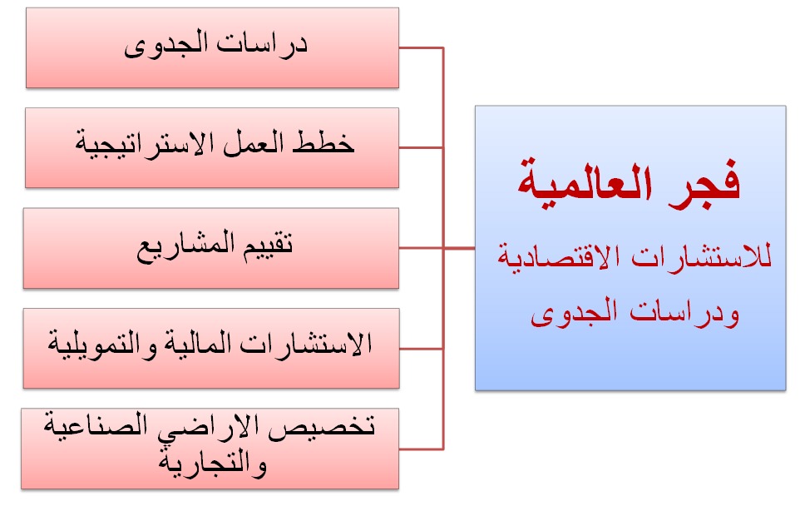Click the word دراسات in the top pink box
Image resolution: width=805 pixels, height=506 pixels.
(x=261, y=43)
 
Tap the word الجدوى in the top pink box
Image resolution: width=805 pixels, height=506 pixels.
(x=165, y=45)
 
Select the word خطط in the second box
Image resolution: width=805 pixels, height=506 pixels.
(x=323, y=141)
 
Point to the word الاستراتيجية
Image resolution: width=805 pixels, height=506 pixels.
(x=146, y=143)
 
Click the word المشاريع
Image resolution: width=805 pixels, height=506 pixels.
(x=185, y=245)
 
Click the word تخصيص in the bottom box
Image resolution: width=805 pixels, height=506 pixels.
(x=323, y=426)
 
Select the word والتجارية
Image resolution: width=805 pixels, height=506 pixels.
(x=213, y=464)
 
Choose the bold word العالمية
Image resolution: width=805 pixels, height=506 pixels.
(x=585, y=183)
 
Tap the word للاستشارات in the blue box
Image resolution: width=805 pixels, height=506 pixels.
(x=701, y=256)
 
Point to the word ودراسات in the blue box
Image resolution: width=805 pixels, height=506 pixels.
(x=685, y=311)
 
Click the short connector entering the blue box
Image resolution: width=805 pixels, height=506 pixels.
(x=459, y=249)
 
